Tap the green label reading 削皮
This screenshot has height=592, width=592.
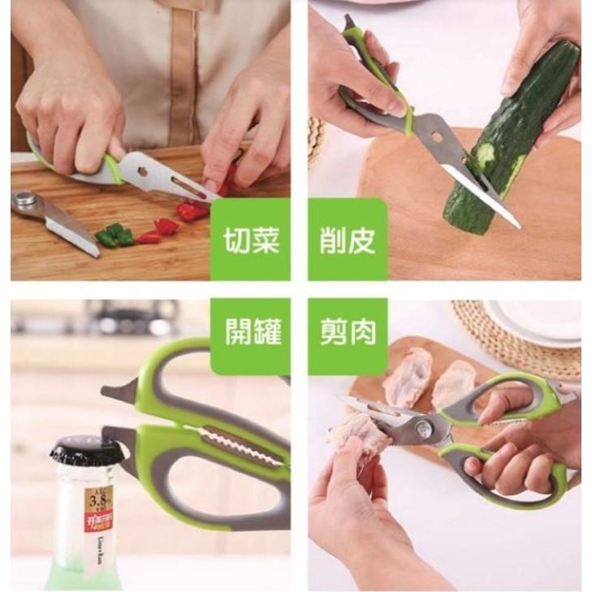coord(347,240)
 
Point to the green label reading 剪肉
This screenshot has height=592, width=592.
coord(347,333)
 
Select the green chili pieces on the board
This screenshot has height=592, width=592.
coord(114,236)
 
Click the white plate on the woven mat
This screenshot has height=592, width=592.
coord(536,321)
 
